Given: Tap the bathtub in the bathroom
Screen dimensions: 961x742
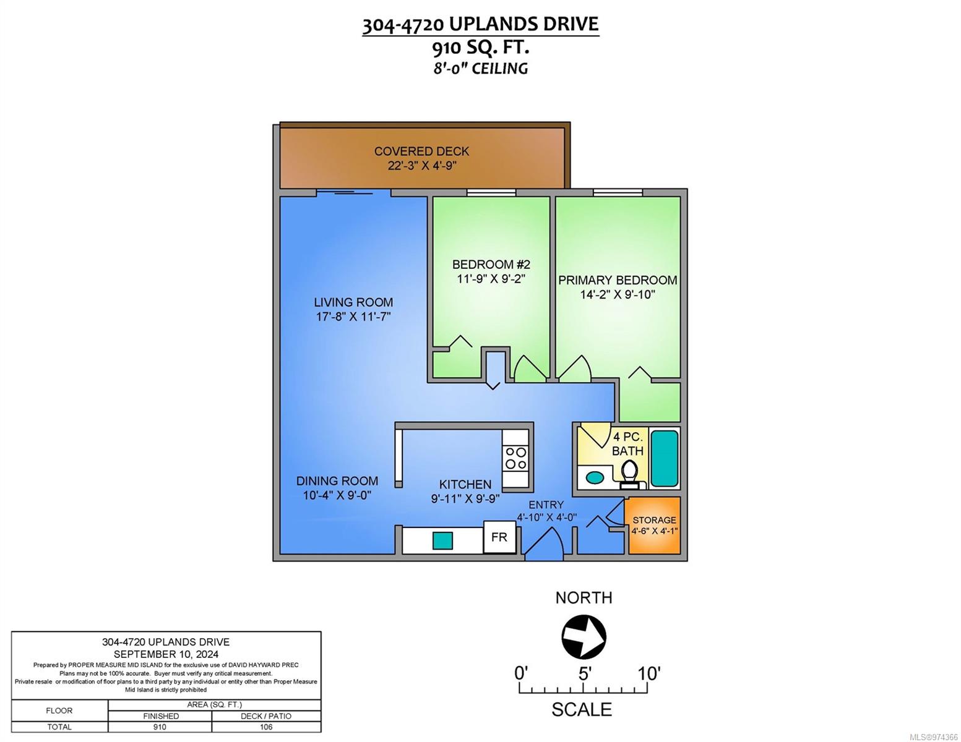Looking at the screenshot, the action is pyautogui.click(x=664, y=458).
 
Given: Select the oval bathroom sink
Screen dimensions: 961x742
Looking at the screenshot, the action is pyautogui.click(x=595, y=478).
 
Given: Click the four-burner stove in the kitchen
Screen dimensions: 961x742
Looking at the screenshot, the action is pyautogui.click(x=515, y=458).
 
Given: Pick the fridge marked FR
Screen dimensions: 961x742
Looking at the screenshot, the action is pyautogui.click(x=499, y=537).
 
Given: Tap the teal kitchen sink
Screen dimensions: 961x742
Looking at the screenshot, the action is pyautogui.click(x=442, y=540).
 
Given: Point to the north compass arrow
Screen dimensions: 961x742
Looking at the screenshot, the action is pyautogui.click(x=584, y=637).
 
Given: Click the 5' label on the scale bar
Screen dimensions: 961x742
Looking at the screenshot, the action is pyautogui.click(x=585, y=674).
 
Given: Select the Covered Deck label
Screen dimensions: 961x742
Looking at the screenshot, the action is pyautogui.click(x=421, y=151).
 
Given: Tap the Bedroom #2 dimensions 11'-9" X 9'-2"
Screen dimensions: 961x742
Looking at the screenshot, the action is pyautogui.click(x=491, y=279).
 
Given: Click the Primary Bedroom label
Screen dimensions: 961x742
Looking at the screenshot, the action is pyautogui.click(x=618, y=279).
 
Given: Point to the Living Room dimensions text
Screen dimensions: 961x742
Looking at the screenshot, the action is pyautogui.click(x=353, y=317).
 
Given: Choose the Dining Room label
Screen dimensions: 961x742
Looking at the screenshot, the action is pyautogui.click(x=337, y=480).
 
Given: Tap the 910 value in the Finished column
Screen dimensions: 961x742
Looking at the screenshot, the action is pyautogui.click(x=160, y=727).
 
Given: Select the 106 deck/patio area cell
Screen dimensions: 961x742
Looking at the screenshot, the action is pyautogui.click(x=266, y=727).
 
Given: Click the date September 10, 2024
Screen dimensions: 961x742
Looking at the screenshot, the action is pyautogui.click(x=166, y=654).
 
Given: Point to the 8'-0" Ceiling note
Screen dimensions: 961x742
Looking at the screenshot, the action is pyautogui.click(x=480, y=69).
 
